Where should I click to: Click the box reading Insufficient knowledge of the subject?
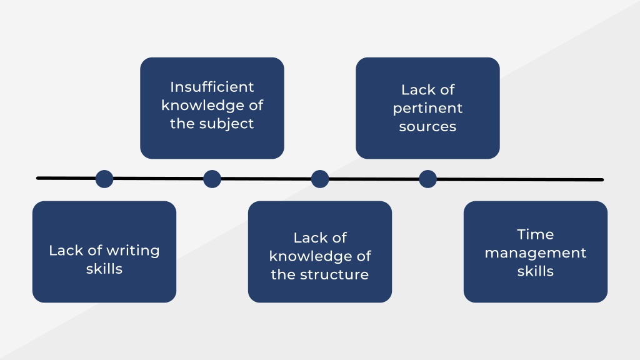(212, 108)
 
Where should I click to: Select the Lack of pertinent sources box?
(427, 108)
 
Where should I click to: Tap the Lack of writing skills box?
(104, 252)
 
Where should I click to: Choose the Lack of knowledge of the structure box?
(320, 252)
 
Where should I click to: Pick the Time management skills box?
(536, 252)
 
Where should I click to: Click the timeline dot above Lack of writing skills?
(104, 179)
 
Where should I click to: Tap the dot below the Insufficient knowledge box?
(212, 179)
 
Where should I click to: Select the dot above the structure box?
(320, 179)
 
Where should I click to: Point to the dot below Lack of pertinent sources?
(427, 179)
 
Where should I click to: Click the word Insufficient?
(212, 87)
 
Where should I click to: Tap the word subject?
(226, 124)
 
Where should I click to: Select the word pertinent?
(427, 109)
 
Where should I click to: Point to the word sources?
(427, 126)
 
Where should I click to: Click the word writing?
(133, 251)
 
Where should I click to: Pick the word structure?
(334, 275)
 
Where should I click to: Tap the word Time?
(536, 234)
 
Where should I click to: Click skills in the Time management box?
(536, 271)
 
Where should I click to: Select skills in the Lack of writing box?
(104, 269)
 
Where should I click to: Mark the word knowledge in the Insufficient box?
(201, 106)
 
